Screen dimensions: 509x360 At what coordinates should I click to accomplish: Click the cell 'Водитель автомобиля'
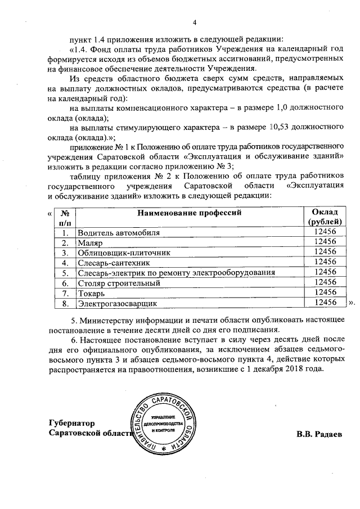coord(119,232)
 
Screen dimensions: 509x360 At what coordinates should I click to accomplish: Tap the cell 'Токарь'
coord(91,293)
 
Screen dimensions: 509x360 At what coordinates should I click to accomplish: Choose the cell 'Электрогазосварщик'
coord(118,304)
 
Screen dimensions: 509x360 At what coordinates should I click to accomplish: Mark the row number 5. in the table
coord(65,273)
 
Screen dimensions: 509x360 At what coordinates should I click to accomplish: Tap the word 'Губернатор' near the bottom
coord(72,423)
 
